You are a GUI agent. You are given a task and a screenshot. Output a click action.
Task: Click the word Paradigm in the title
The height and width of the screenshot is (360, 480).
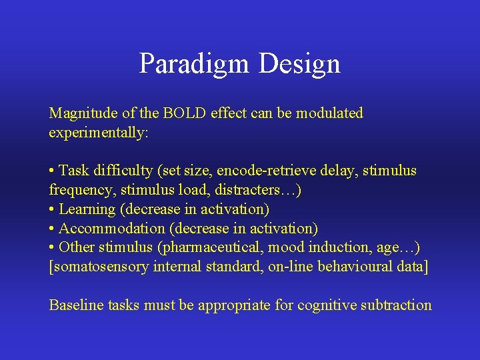pyautogui.click(x=194, y=64)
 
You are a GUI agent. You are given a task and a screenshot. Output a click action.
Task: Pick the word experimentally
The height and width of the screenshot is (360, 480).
pyautogui.click(x=99, y=133)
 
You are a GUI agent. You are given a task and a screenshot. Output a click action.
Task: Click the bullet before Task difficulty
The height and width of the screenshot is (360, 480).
pyautogui.click(x=52, y=171)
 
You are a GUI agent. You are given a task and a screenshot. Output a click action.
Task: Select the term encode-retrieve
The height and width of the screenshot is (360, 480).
pyautogui.click(x=267, y=171)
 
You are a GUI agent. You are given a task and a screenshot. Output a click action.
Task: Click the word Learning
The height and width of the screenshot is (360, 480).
pyautogui.click(x=87, y=209)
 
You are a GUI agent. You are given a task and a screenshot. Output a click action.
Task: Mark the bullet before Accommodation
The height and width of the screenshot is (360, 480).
pyautogui.click(x=52, y=229)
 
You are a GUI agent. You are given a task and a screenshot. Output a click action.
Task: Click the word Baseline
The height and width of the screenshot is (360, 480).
pyautogui.click(x=73, y=305)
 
